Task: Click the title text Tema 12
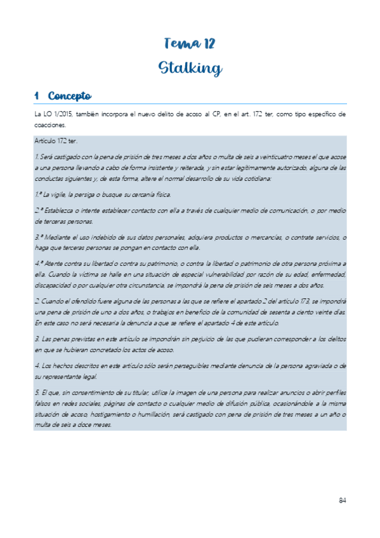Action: pos(190,44)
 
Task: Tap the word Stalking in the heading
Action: pos(190,68)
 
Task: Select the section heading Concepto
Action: pos(70,96)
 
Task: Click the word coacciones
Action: pos(49,125)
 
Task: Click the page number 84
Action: pos(342,501)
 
